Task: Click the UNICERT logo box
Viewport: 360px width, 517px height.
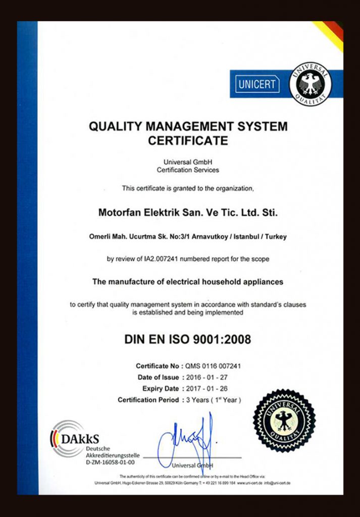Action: click(x=257, y=84)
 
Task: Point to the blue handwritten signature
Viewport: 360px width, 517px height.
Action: click(x=188, y=441)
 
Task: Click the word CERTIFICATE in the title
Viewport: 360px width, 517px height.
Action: click(x=188, y=141)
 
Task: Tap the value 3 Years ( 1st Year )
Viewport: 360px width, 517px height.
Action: click(x=214, y=400)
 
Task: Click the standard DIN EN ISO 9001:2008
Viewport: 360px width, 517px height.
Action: click(x=187, y=339)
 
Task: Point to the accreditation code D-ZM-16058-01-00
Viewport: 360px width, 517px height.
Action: click(x=110, y=462)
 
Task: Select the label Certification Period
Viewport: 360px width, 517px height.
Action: click(x=148, y=400)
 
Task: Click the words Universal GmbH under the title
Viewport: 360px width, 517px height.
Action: click(x=188, y=162)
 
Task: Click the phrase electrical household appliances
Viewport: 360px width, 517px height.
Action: click(x=225, y=282)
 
